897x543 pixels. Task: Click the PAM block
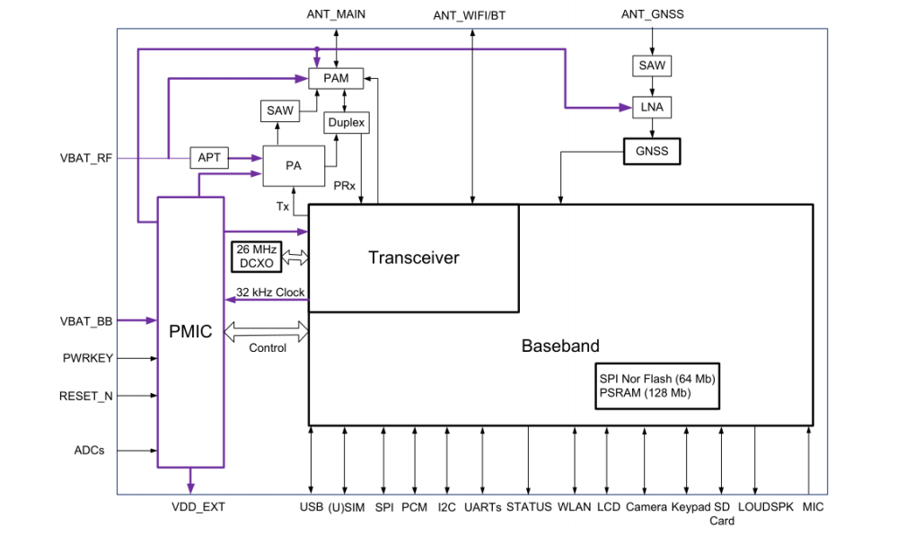click(336, 79)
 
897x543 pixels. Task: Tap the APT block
click(209, 158)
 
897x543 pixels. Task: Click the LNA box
click(652, 107)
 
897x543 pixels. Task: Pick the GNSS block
click(651, 151)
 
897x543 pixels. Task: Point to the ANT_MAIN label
click(336, 14)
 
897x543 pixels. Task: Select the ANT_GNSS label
click(652, 14)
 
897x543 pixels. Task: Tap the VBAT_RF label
click(86, 159)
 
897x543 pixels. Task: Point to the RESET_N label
click(86, 395)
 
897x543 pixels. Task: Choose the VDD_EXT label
click(198, 507)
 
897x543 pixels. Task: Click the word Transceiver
click(414, 258)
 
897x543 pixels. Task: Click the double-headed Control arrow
click(266, 332)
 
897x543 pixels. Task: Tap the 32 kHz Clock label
click(270, 293)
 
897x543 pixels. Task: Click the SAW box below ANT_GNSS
click(652, 66)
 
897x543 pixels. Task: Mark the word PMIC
click(190, 332)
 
